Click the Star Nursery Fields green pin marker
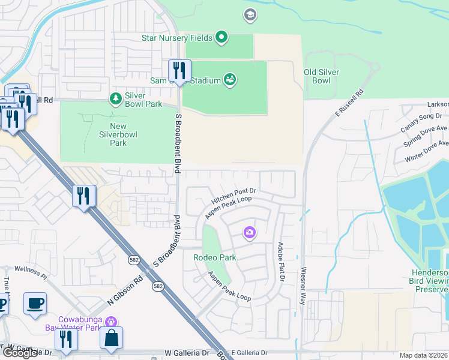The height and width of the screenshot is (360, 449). [221, 38]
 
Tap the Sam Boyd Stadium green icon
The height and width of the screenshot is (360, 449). [230, 79]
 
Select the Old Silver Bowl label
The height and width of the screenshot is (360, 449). [321, 76]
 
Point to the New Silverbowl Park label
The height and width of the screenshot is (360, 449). [118, 134]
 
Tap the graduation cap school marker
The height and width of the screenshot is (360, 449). [250, 14]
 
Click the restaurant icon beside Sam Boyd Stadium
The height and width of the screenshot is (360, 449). [179, 70]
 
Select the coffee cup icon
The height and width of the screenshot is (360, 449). [35, 303]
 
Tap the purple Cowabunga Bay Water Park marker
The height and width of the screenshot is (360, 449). [110, 323]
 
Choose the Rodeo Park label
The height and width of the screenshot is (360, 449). [214, 257]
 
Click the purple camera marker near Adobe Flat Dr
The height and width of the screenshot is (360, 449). [250, 232]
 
